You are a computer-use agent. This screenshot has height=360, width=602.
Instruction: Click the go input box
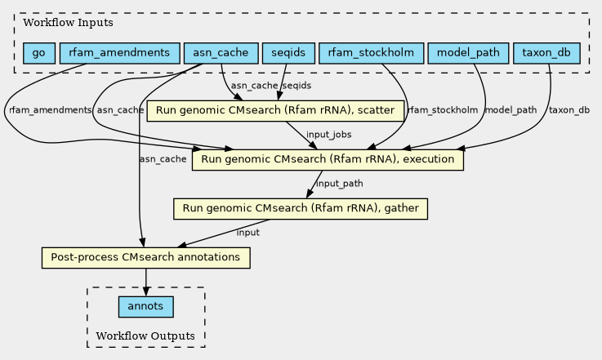(x=39, y=53)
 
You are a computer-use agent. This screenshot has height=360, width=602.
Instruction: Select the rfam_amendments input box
(x=120, y=53)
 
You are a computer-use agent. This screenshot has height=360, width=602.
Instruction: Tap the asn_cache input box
(x=221, y=53)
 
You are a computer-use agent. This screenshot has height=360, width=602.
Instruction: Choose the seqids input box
(x=288, y=53)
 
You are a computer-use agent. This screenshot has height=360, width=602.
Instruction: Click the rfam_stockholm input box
(x=372, y=53)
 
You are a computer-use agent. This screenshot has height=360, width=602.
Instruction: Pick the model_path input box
(x=468, y=53)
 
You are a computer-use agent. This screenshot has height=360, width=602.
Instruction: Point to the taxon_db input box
(x=546, y=53)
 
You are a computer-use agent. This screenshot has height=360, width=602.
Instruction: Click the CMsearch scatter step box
(x=275, y=111)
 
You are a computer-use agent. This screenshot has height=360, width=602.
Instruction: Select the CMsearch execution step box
(x=328, y=160)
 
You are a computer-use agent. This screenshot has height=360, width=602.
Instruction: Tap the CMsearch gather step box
(x=301, y=209)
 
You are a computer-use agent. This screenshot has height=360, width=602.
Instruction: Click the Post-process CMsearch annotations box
(x=146, y=258)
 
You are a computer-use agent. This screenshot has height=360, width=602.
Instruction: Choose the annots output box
(x=146, y=307)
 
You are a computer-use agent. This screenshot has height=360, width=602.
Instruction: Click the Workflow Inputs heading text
(x=68, y=23)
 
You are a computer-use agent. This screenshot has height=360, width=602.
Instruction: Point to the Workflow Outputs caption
(x=145, y=336)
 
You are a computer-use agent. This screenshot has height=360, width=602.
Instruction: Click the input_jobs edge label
(x=328, y=135)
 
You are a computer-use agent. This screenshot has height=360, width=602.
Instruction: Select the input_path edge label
(x=339, y=184)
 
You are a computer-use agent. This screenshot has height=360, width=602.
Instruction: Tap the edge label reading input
(x=248, y=233)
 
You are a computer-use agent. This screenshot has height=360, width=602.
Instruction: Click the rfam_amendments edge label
(x=50, y=110)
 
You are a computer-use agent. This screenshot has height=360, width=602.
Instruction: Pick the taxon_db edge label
(x=569, y=110)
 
